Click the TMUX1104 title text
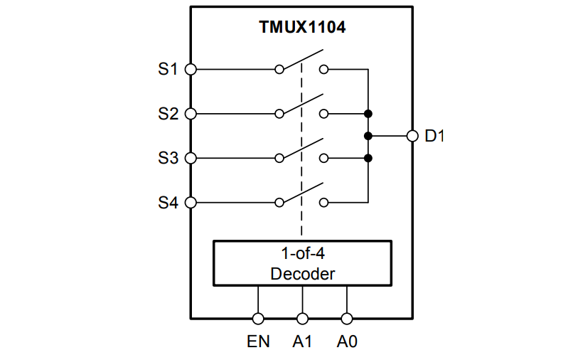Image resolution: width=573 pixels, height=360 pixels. coord(301,28)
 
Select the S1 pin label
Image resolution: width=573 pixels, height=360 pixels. coord(168,70)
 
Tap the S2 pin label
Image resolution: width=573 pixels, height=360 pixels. coord(168,114)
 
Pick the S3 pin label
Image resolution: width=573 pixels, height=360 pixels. coord(168,159)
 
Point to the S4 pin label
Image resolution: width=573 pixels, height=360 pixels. coord(168,203)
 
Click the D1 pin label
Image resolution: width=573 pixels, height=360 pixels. coord(434,136)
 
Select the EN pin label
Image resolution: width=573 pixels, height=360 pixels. coord(258,342)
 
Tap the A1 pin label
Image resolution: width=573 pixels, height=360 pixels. coord(303,342)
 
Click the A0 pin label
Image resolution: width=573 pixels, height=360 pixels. coord(347,342)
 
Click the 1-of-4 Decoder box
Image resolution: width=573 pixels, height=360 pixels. coord(302,263)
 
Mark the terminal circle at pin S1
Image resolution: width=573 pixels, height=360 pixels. coord(191,70)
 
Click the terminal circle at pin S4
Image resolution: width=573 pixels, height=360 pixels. coord(191,203)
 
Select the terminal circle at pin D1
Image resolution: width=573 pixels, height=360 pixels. coord(412,136)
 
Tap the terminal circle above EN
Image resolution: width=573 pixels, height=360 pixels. coord(258,319)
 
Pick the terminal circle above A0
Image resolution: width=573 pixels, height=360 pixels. coord(347,319)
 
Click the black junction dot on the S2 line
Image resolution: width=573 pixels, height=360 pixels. coord(368,114)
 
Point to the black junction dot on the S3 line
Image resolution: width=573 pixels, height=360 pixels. coord(368,158)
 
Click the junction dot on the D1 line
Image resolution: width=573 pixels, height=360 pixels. coord(368,136)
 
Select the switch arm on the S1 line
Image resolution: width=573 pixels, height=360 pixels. coord(302,60)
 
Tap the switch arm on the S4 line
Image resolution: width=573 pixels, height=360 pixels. coord(302,193)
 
